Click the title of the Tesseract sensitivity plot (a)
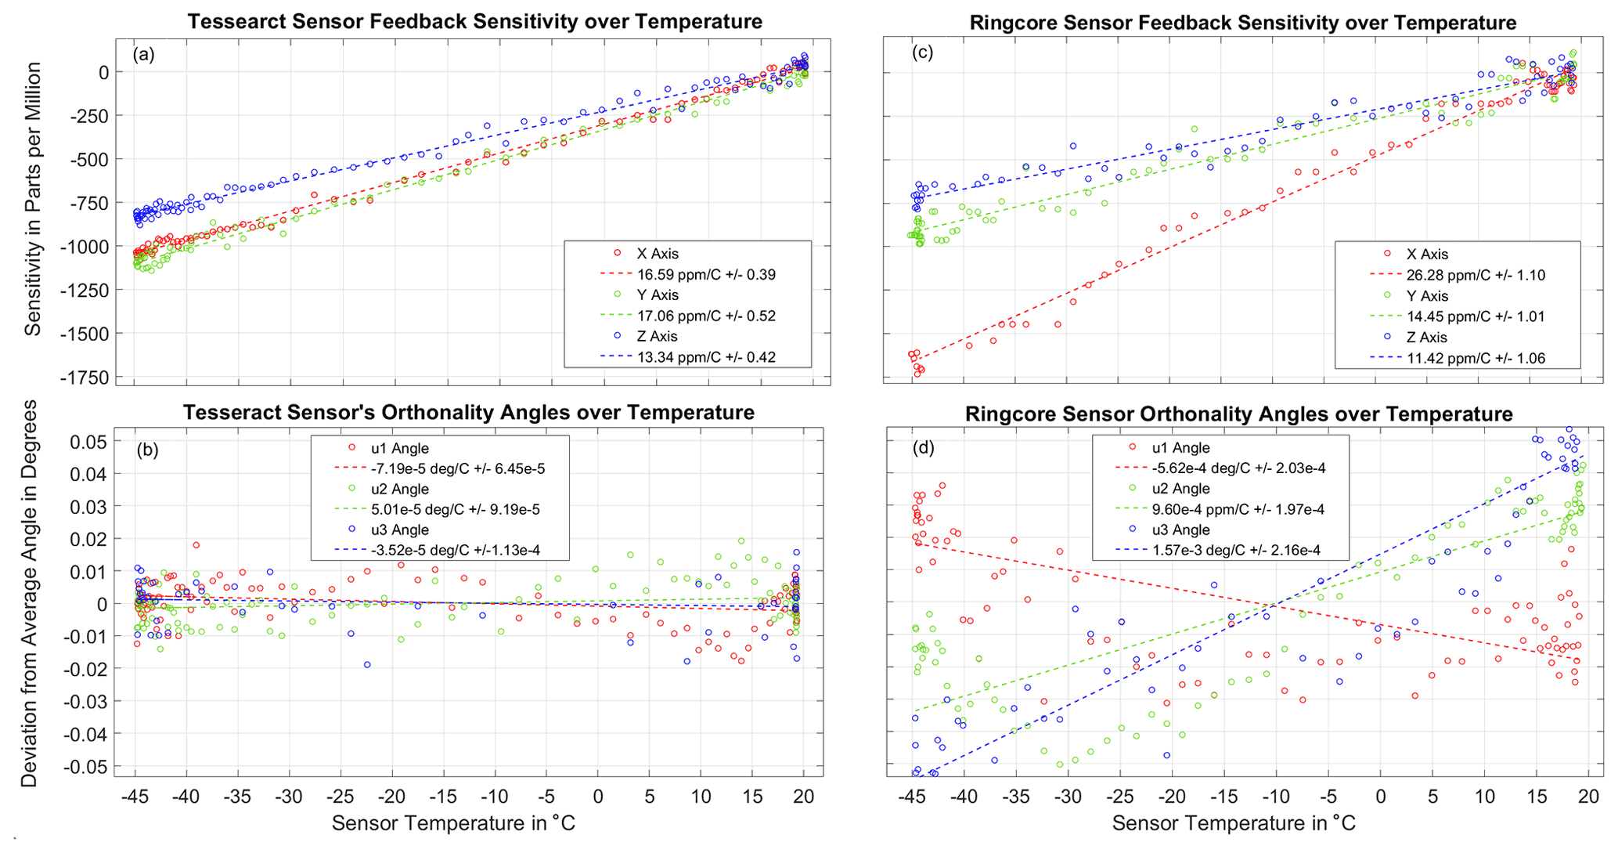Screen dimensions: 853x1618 pyautogui.click(x=474, y=21)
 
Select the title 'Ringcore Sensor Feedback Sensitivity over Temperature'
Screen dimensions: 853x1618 pyautogui.click(x=1243, y=23)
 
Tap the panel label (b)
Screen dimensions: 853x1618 pyautogui.click(x=147, y=450)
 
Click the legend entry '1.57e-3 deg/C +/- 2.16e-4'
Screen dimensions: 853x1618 pyautogui.click(x=1237, y=551)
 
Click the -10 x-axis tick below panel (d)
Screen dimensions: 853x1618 pyautogui.click(x=1276, y=797)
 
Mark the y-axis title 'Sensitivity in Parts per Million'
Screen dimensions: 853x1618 pyautogui.click(x=33, y=200)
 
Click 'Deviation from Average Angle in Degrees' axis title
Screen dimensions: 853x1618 pyautogui.click(x=30, y=593)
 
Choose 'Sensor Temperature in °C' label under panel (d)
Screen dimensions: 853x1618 pyautogui.click(x=1234, y=824)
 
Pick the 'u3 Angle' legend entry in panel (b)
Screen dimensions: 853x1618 pyautogui.click(x=400, y=530)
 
